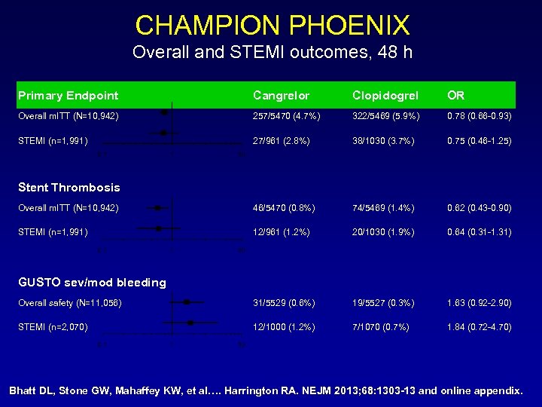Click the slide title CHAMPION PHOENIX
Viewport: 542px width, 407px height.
pyautogui.click(x=272, y=25)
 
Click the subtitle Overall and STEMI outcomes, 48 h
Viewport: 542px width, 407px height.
pyautogui.click(x=272, y=53)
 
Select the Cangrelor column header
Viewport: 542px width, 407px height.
pyautogui.click(x=280, y=96)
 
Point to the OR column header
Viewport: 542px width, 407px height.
pyautogui.click(x=456, y=96)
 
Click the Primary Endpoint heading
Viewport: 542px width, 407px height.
pyautogui.click(x=68, y=96)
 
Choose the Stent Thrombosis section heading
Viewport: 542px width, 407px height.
pyautogui.click(x=69, y=188)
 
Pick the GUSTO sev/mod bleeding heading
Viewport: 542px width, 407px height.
pyautogui.click(x=92, y=283)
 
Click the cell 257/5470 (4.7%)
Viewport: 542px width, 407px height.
pyautogui.click(x=287, y=116)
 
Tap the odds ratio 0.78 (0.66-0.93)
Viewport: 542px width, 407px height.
pyautogui.click(x=480, y=116)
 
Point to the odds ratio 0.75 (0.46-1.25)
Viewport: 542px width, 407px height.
pyautogui.click(x=480, y=140)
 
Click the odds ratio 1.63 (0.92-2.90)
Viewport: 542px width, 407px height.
pyautogui.click(x=480, y=302)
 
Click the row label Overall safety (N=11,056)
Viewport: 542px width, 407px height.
pyautogui.click(x=70, y=302)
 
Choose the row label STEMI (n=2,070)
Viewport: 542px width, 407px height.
pyautogui.click(x=53, y=327)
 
